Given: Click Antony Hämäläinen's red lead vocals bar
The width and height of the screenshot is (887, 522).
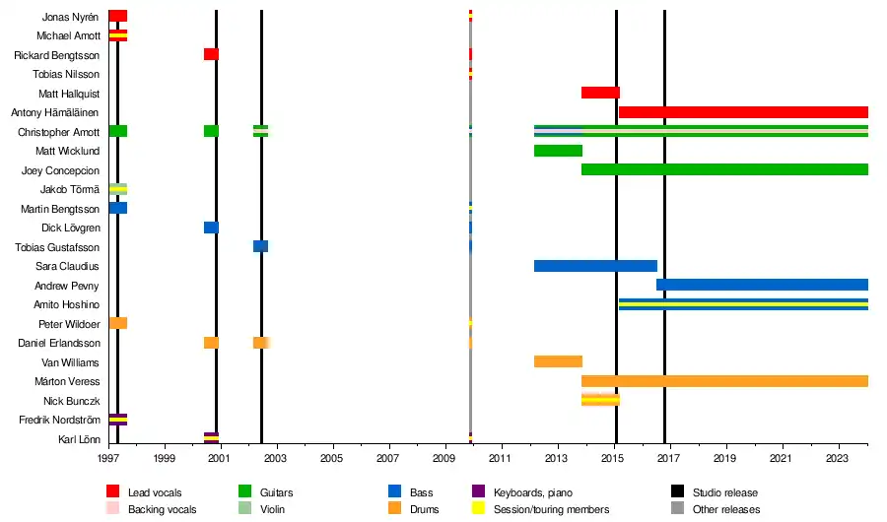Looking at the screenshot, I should pyautogui.click(x=743, y=112).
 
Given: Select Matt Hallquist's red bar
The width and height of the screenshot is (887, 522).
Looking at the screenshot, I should pyautogui.click(x=600, y=93).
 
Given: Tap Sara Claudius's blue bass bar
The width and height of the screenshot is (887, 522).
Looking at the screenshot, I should pyautogui.click(x=595, y=266).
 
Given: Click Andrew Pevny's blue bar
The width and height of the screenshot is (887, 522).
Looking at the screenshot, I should pyautogui.click(x=762, y=285).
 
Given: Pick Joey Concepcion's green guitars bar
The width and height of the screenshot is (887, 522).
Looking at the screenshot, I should pyautogui.click(x=724, y=169).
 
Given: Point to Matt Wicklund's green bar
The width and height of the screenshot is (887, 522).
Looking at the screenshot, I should pyautogui.click(x=558, y=151).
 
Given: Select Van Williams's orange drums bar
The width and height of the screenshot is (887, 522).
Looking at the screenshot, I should pyautogui.click(x=558, y=361).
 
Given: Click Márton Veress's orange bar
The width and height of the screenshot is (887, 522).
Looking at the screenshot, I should pyautogui.click(x=724, y=381).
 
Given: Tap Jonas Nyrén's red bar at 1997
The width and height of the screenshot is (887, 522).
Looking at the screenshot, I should pyautogui.click(x=117, y=16).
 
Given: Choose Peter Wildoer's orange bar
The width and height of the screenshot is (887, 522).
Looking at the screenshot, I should pyautogui.click(x=117, y=323).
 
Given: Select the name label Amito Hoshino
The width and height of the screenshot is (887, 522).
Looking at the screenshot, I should pyautogui.click(x=67, y=304).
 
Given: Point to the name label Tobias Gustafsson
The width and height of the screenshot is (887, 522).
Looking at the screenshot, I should pyautogui.click(x=60, y=247).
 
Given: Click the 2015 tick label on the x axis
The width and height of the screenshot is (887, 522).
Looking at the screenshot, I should pyautogui.click(x=614, y=458).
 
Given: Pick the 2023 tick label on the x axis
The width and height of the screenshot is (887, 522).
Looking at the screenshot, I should pyautogui.click(x=838, y=458).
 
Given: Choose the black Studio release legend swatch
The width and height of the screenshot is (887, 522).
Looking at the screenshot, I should pyautogui.click(x=677, y=491).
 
